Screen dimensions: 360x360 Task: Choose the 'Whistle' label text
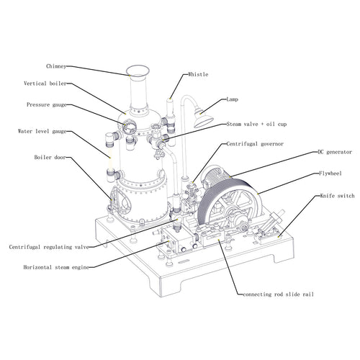point(199,74)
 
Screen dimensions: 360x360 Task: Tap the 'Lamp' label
point(232,99)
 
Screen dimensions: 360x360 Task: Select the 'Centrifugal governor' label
point(255,144)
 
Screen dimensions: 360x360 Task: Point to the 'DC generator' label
point(335,153)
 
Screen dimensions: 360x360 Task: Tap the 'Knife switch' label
point(336,196)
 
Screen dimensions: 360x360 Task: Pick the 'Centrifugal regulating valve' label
point(48,247)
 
